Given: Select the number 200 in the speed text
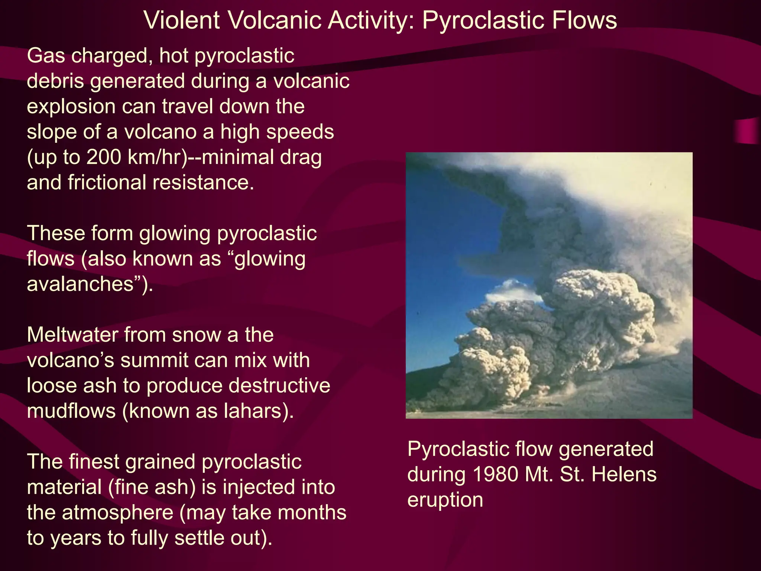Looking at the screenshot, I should click(104, 157).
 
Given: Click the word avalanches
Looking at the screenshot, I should click(80, 284).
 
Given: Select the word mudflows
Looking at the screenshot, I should click(71, 411).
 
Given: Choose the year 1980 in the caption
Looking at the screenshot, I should click(496, 475).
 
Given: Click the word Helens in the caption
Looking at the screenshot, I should click(624, 475).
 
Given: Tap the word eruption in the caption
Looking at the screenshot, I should click(445, 500).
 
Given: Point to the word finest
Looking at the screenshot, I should click(95, 462).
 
